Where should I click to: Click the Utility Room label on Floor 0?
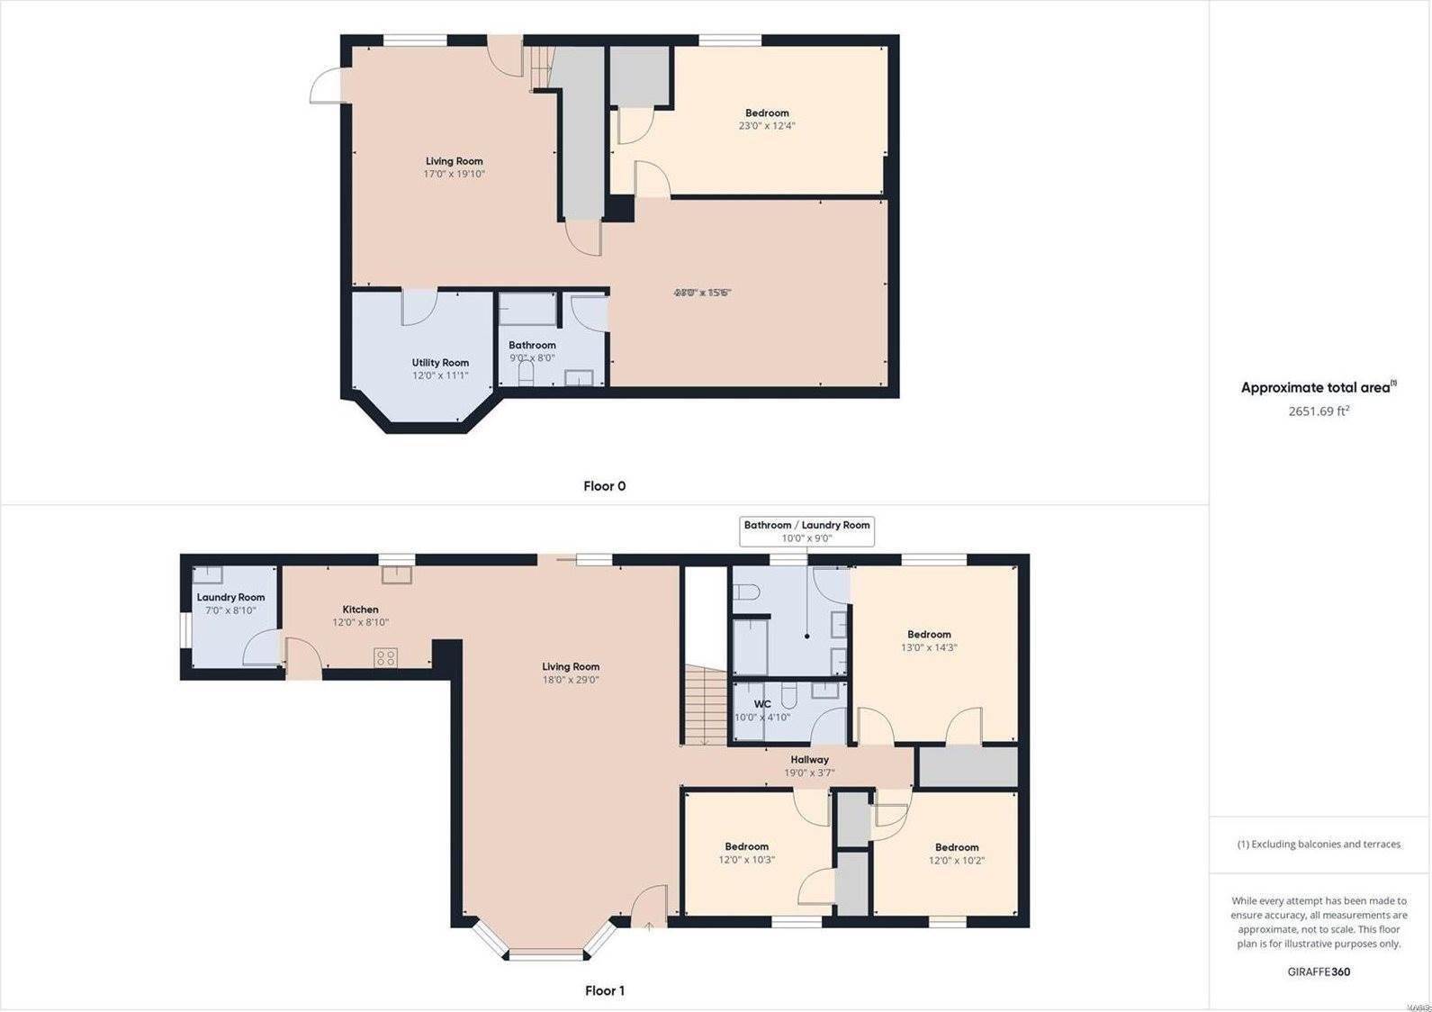click(x=440, y=363)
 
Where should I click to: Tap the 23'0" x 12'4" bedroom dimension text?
click(x=767, y=126)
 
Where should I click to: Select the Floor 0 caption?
click(x=604, y=486)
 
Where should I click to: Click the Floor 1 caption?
click(x=605, y=990)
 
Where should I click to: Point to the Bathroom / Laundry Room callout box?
click(x=806, y=531)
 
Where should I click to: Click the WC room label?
click(x=762, y=704)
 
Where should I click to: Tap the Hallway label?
click(x=809, y=760)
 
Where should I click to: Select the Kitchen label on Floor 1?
click(x=360, y=610)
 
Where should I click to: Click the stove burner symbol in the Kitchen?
click(x=386, y=657)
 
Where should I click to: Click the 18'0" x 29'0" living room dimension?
click(x=571, y=680)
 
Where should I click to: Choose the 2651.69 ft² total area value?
click(x=1319, y=411)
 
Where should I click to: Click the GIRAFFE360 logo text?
click(x=1319, y=971)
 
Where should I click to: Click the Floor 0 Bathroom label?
click(x=532, y=345)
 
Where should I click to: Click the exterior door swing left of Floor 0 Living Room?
click(x=325, y=88)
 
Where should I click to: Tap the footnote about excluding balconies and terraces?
click(x=1319, y=845)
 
